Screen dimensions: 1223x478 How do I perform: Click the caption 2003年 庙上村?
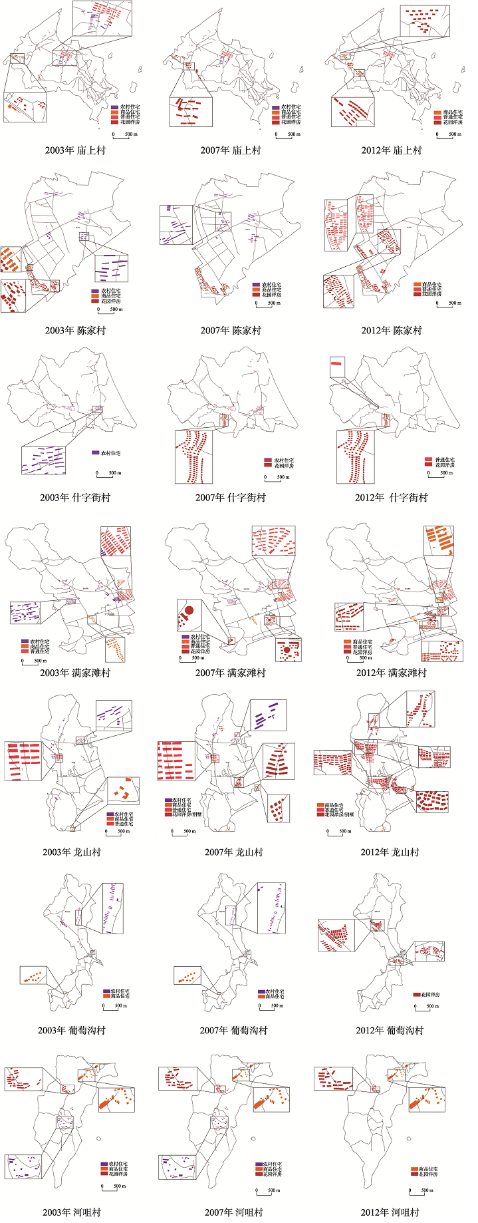(x=75, y=150)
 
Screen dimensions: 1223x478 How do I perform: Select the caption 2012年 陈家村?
(x=392, y=330)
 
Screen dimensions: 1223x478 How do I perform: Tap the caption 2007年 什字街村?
(x=230, y=497)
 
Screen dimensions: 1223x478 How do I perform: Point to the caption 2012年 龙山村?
(x=390, y=852)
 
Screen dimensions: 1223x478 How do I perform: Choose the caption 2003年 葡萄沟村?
(x=71, y=1030)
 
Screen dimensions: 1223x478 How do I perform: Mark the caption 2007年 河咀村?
(x=233, y=1212)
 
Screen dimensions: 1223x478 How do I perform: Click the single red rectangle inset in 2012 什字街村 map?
(x=338, y=363)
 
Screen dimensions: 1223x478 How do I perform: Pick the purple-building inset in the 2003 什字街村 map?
(x=44, y=460)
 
